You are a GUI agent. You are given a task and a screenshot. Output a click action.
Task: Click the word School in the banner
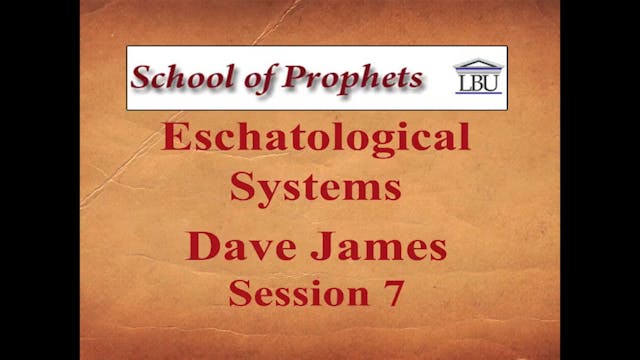point(179,77)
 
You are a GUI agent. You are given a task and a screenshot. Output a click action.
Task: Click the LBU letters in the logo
point(478,86)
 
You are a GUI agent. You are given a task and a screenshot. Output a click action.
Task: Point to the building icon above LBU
point(478,67)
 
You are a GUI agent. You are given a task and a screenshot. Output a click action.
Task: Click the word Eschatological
point(316,138)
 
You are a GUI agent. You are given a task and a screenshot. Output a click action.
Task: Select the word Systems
point(316,186)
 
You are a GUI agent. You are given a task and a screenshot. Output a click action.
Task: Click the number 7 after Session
point(394,294)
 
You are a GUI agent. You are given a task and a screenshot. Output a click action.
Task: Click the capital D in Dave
point(199,247)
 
